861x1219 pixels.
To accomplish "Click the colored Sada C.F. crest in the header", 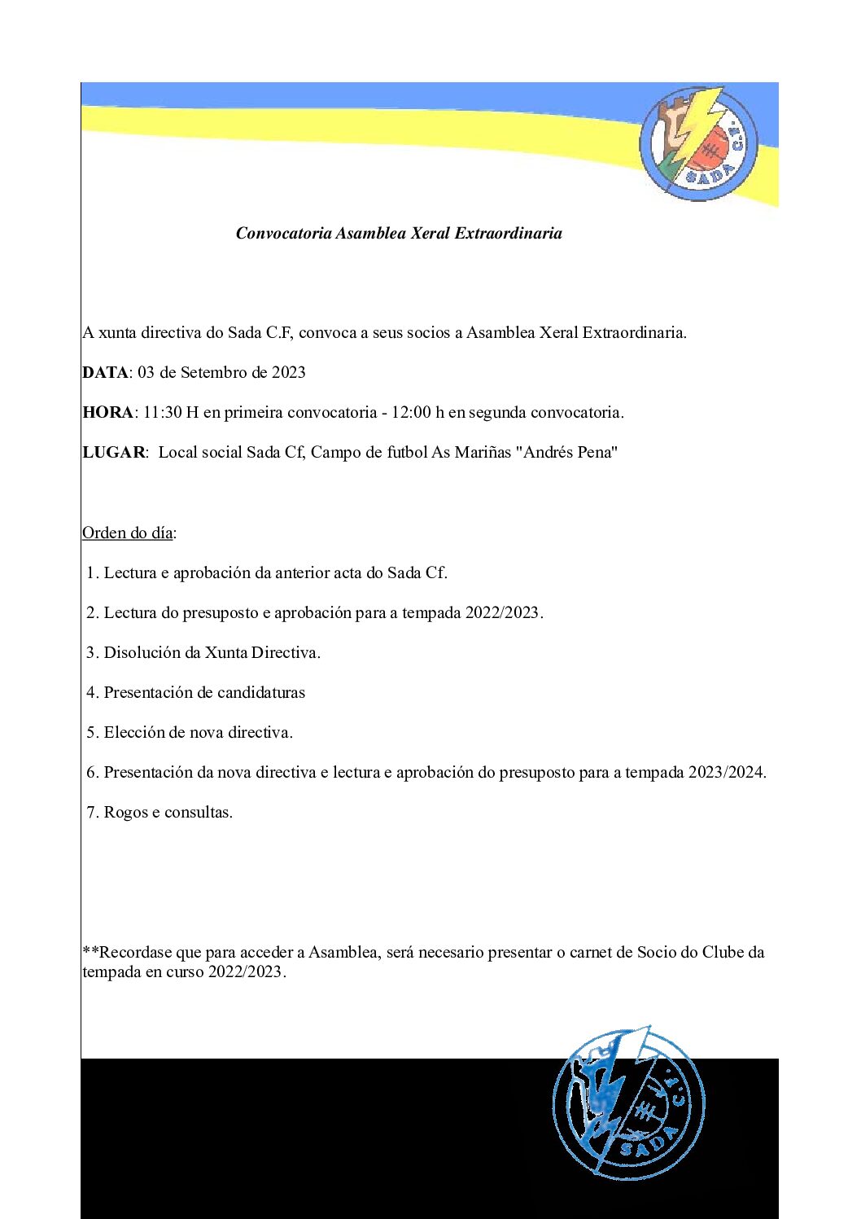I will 697,143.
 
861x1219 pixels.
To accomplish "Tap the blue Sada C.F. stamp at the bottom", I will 628,1103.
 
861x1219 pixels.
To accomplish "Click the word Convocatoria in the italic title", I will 283,234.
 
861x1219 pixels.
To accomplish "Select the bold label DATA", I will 105,373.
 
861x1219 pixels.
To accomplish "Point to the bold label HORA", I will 107,413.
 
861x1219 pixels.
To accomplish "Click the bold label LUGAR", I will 114,453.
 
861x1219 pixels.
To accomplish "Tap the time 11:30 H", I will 171,413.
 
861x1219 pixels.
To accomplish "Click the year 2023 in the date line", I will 288,373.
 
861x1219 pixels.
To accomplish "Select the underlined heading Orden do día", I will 128,533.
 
